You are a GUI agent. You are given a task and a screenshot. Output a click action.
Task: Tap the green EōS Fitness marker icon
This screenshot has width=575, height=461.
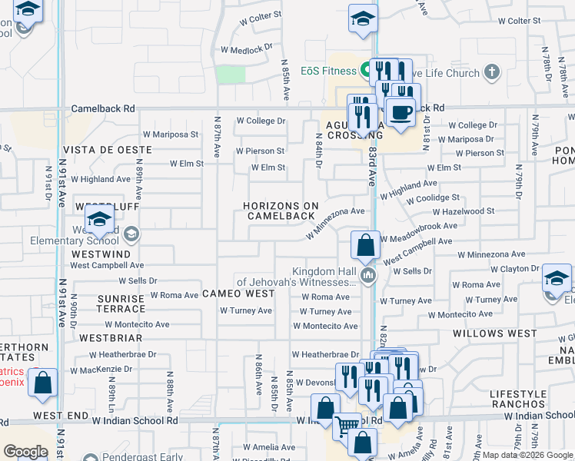365,71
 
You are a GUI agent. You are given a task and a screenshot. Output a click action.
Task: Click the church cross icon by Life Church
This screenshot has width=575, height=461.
492,73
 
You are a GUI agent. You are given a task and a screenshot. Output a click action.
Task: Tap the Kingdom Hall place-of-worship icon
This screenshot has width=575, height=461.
368,275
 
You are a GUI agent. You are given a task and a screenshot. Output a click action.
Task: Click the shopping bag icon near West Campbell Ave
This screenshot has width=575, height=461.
366,246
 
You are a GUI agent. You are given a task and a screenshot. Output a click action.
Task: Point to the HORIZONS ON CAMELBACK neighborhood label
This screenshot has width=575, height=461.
281,211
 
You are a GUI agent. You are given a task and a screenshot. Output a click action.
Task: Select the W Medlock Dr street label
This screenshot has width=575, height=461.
247,48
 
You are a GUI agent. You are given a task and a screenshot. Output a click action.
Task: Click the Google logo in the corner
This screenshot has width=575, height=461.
25,451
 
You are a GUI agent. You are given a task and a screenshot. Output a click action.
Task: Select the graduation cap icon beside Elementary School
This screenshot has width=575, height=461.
99,220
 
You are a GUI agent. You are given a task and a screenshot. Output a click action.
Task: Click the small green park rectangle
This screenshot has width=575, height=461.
231,74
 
